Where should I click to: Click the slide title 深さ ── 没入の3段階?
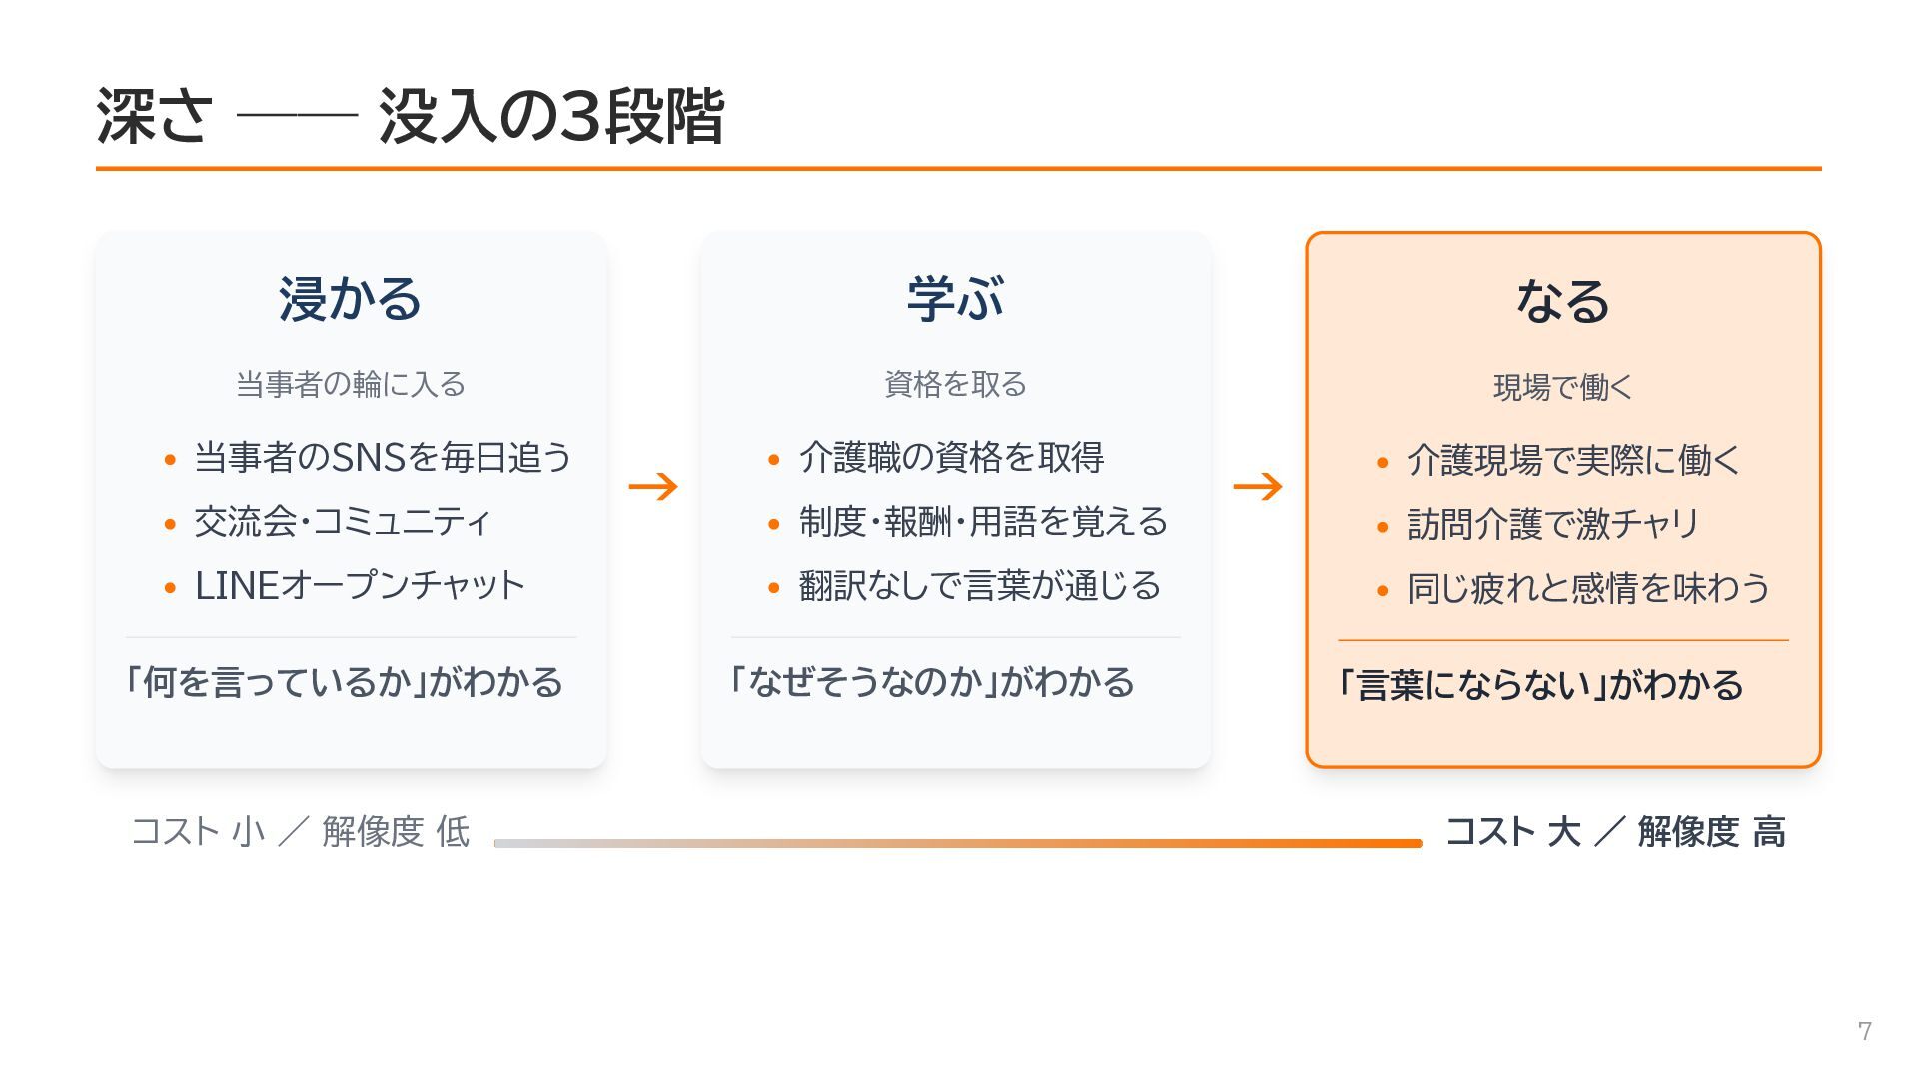[x=410, y=117]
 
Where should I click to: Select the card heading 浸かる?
[x=351, y=298]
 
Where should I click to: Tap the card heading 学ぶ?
[x=955, y=298]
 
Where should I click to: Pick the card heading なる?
[x=1563, y=301]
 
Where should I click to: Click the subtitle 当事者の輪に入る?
[x=351, y=384]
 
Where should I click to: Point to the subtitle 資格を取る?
[x=955, y=384]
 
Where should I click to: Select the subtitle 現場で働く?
[x=1563, y=387]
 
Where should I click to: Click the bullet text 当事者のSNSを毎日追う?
[x=384, y=457]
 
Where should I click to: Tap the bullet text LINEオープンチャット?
[x=360, y=585]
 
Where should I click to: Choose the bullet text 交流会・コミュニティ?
[x=343, y=521]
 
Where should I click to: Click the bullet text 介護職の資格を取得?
[x=951, y=457]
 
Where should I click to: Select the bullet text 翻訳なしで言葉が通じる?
[x=980, y=585]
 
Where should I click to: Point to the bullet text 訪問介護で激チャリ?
[x=1553, y=524]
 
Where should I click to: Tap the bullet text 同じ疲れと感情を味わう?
[x=1588, y=588]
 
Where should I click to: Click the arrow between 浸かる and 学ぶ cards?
[x=653, y=487]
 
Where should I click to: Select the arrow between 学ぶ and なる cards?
[x=1258, y=487]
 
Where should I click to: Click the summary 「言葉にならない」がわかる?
[x=1540, y=685]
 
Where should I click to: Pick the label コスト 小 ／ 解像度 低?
[x=301, y=831]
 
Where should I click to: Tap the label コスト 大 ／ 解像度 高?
[x=1615, y=831]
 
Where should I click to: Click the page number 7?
[x=1864, y=1031]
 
